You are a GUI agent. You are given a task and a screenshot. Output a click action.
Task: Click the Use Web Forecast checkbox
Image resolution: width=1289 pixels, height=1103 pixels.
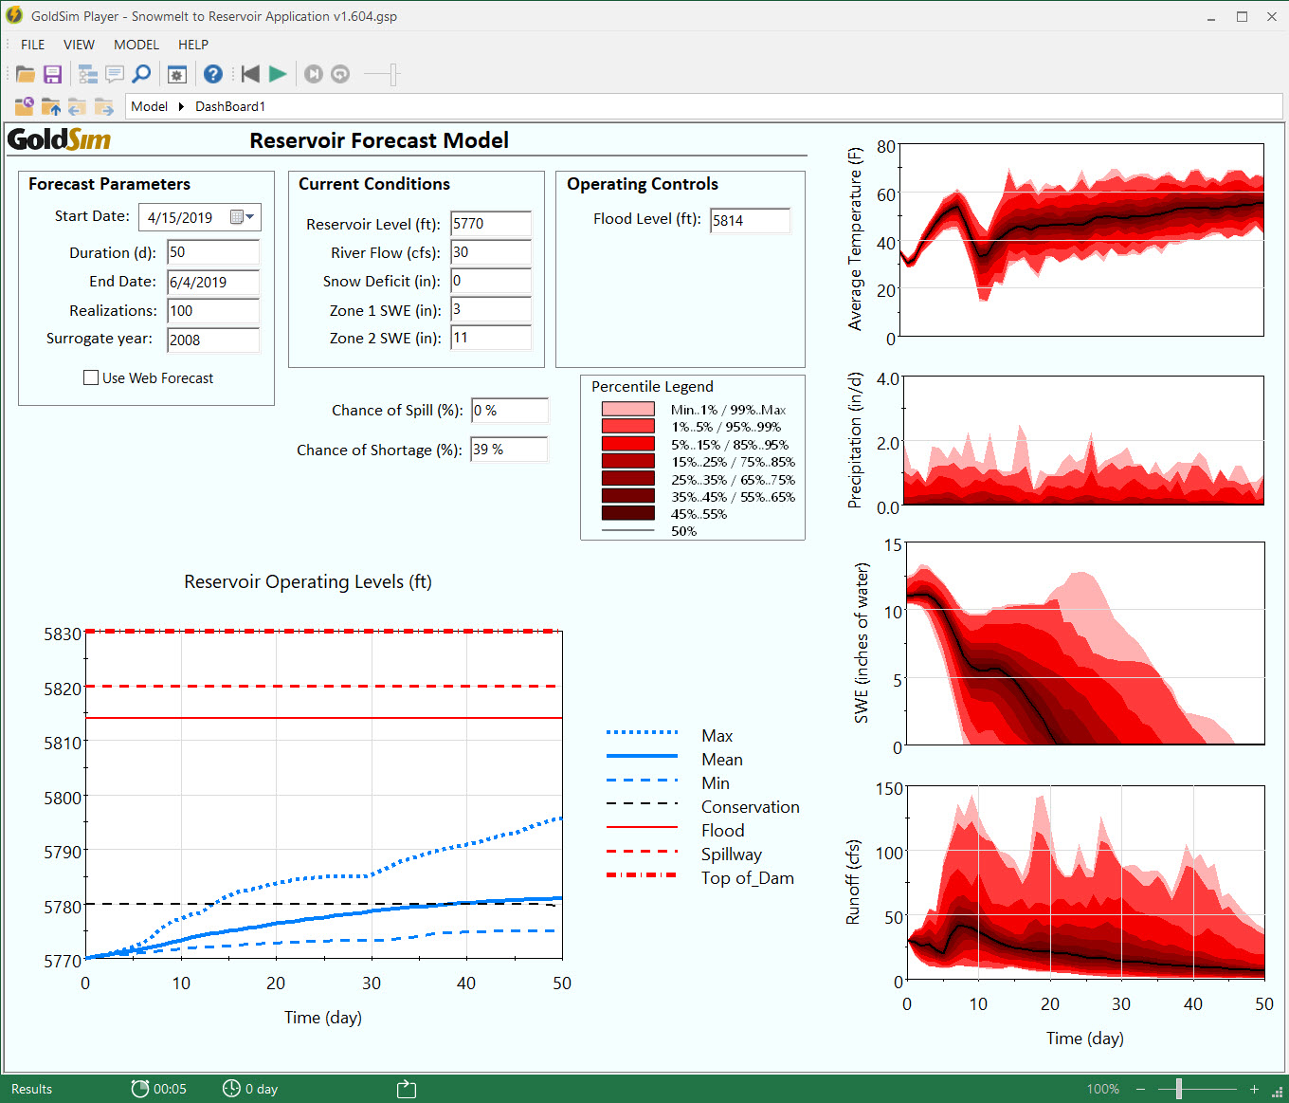coord(91,377)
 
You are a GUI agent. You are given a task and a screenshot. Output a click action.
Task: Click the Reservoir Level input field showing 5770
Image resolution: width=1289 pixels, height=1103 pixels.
coord(490,224)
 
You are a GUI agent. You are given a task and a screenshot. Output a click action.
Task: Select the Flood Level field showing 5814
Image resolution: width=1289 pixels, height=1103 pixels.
coord(749,220)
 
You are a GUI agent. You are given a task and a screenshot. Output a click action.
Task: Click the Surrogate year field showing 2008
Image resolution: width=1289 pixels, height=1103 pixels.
coord(212,340)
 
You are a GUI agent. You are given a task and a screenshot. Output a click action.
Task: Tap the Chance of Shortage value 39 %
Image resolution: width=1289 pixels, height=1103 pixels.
coord(508,450)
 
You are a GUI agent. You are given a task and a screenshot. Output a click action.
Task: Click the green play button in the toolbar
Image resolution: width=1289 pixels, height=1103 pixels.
coord(278,74)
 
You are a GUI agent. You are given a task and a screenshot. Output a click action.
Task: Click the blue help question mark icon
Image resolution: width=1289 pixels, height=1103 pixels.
coord(213,74)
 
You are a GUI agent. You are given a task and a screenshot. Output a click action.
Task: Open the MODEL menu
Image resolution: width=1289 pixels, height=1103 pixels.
coord(136,45)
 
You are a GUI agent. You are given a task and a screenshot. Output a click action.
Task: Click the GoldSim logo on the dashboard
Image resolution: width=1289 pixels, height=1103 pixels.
coord(59,140)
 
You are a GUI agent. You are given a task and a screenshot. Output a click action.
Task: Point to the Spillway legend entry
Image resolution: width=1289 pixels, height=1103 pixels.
coord(731,855)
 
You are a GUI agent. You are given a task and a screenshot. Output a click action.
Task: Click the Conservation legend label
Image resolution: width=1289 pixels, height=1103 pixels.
coord(750,807)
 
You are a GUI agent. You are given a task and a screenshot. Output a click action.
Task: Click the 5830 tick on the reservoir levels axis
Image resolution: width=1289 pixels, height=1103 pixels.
coord(63,634)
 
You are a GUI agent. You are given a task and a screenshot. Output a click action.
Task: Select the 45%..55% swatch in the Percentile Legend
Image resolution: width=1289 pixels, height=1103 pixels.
coord(627,513)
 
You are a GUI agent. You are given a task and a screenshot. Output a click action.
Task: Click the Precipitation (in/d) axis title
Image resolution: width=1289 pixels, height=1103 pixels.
coord(855,440)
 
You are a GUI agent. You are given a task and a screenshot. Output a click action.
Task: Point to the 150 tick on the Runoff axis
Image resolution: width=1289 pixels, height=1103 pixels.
coord(889,788)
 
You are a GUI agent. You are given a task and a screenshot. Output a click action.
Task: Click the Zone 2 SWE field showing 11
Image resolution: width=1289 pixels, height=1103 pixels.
coord(490,338)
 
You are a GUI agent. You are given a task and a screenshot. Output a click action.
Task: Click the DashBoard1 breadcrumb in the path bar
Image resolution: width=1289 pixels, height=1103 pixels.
coord(230,106)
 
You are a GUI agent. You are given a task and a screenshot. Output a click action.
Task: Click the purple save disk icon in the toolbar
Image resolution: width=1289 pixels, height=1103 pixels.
coord(53,74)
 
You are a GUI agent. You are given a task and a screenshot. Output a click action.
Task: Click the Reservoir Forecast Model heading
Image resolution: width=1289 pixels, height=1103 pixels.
coord(379,140)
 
